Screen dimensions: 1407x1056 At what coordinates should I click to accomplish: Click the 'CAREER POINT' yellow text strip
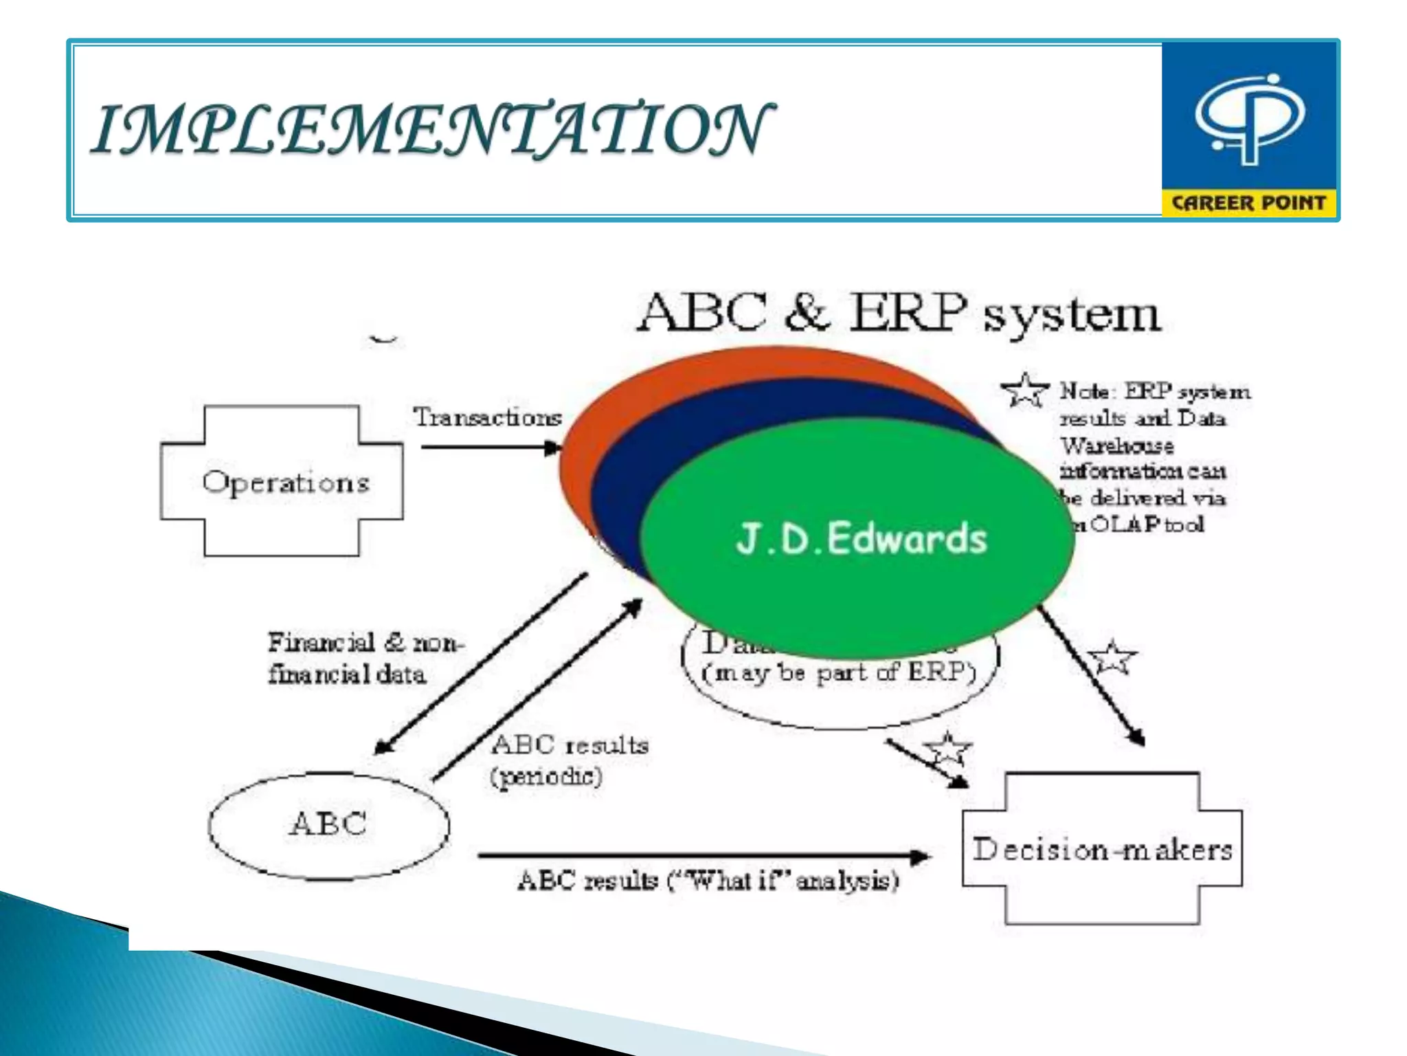coord(1248,203)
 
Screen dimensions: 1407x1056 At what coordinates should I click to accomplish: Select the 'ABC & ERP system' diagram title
coord(899,313)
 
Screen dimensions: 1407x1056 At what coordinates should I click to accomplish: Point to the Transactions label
coord(487,417)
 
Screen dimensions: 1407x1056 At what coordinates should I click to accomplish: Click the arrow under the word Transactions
coord(491,448)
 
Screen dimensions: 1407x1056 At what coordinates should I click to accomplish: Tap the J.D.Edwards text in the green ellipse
coord(862,538)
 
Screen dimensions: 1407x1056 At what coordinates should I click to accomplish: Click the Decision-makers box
coord(1102,850)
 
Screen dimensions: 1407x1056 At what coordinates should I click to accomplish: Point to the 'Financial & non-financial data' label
coord(364,658)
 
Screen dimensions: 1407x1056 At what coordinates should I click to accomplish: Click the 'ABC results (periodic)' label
coord(569,760)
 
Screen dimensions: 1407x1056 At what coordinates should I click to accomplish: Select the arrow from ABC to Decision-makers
coord(701,857)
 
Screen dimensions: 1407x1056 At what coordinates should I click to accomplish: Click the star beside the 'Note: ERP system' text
coord(1025,390)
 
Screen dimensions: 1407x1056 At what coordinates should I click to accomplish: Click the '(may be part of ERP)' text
coord(839,672)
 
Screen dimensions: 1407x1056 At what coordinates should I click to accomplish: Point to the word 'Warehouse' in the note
coord(1117,445)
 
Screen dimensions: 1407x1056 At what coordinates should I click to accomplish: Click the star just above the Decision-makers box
coord(947,749)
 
